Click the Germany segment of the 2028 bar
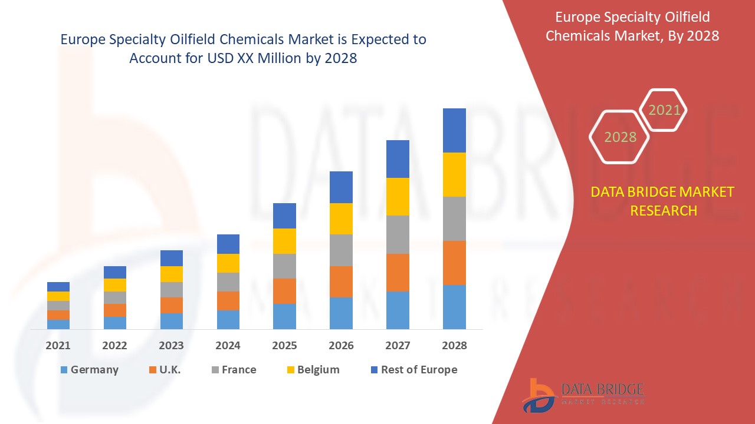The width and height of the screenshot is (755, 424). pos(454,307)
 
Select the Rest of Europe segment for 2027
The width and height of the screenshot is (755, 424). pos(398,159)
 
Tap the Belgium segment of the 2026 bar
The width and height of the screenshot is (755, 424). pos(341,218)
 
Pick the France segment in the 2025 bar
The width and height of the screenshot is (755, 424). pos(284,266)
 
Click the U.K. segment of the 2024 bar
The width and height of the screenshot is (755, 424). pos(228,300)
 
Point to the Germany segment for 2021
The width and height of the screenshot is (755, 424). pos(58,324)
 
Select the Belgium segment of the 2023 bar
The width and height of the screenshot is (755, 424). pos(172,274)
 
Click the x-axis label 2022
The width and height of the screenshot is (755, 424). pos(114,346)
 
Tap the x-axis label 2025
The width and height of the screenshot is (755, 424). pos(284,346)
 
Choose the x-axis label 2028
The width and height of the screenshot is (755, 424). pos(454,346)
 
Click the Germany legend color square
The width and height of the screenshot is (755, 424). pos(64,370)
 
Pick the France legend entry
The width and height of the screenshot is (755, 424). pos(234,370)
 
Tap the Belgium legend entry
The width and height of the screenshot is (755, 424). pos(312,370)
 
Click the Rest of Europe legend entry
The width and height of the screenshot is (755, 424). pos(413,370)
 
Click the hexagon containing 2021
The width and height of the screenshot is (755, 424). pos(664,110)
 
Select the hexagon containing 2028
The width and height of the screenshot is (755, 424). pos(620,137)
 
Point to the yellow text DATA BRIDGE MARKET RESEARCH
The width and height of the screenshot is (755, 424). pos(663,201)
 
